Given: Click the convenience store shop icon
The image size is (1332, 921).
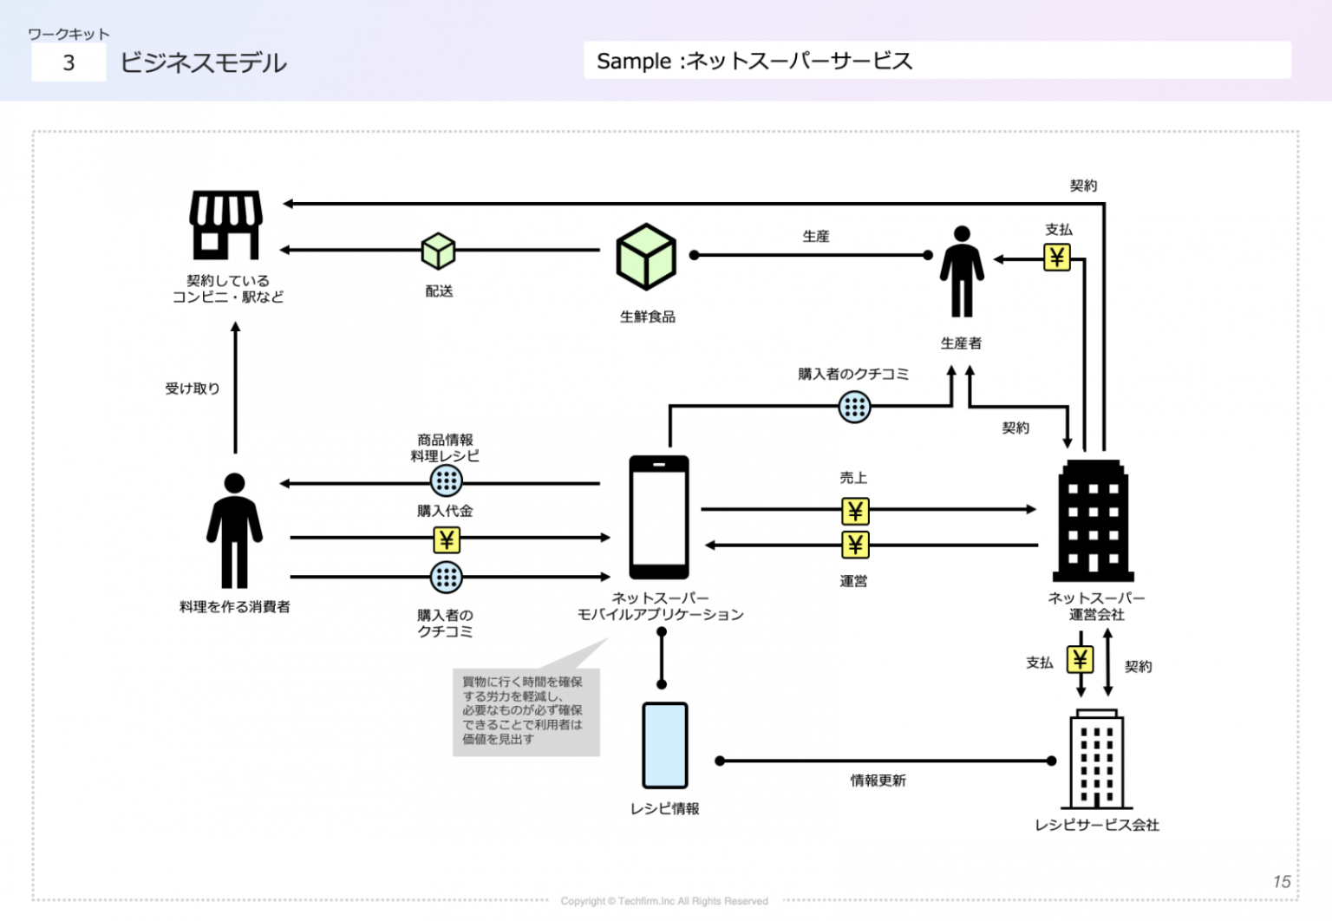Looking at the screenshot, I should coord(225,225).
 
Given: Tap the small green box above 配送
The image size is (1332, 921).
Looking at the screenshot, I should coord(438,251).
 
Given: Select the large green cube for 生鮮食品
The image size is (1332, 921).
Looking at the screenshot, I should coord(646,257).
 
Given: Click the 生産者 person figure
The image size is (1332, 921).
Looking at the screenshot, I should coord(962,271).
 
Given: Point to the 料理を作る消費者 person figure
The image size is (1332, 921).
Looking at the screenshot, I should coord(234,531).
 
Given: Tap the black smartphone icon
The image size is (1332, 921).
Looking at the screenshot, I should coord(659,517).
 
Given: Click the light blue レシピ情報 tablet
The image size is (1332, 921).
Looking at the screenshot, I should coord(665,745).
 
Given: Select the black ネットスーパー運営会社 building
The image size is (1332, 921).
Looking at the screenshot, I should coord(1094,520).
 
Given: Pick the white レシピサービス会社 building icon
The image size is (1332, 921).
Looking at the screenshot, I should coord(1097,760).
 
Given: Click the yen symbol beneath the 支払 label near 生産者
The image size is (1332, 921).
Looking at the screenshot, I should coord(1057,258).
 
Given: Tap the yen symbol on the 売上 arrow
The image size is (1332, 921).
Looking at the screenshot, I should coord(855,511).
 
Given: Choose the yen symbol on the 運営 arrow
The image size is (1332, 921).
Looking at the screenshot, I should coord(855,545).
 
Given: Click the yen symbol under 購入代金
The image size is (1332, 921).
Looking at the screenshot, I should coord(447,540).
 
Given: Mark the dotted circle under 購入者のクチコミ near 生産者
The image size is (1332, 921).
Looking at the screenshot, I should coord(854,407).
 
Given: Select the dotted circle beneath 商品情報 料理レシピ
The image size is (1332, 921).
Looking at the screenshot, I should coord(447,480).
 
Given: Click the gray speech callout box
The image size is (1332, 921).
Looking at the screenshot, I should coord(526,711).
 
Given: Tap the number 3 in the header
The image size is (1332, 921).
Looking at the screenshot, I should coord(69,62).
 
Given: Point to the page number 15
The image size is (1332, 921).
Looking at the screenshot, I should coord(1282,881).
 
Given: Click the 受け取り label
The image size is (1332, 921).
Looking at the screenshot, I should coord(193,389).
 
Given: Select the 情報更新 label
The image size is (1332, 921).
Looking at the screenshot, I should coord(878,781).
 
